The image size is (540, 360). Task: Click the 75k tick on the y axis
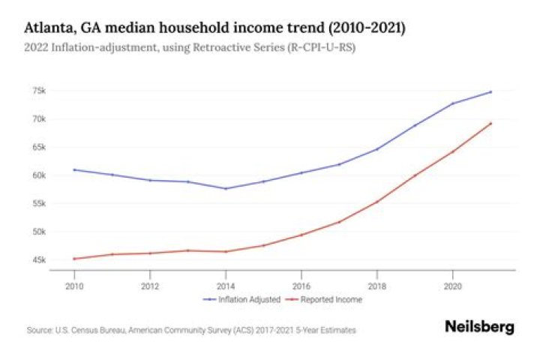[x=39, y=91]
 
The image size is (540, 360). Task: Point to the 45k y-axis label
[x=39, y=260]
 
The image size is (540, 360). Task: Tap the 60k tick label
[x=39, y=175]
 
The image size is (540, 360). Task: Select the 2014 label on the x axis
[x=226, y=286]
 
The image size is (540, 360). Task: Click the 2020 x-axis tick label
[x=452, y=286]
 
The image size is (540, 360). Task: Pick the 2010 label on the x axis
[x=74, y=286]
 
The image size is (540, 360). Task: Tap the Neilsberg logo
[x=480, y=327]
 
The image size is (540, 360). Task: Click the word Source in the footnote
[x=38, y=329]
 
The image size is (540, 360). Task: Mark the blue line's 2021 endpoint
[x=490, y=91]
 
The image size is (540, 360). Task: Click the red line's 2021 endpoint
[x=490, y=123]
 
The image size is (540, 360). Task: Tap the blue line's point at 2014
[x=226, y=188]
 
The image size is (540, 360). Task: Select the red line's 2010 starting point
[x=74, y=259]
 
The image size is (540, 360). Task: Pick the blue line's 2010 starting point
[x=74, y=169]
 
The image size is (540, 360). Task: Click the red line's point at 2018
[x=376, y=202]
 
